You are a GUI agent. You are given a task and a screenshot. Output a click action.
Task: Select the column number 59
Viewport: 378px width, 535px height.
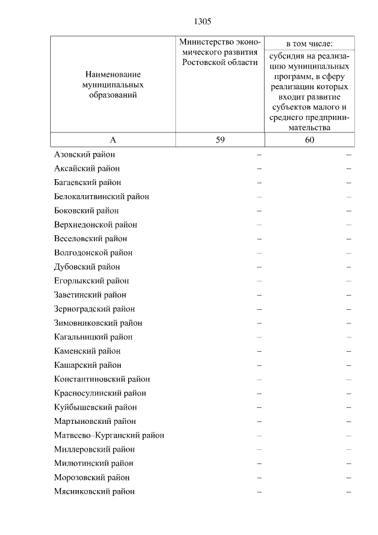point(220,140)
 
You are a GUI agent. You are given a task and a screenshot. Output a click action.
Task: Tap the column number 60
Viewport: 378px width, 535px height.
point(309,140)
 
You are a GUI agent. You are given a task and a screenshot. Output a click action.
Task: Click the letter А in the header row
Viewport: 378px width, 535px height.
point(112,140)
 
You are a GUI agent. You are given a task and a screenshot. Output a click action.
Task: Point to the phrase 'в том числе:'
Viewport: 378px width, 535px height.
point(309,43)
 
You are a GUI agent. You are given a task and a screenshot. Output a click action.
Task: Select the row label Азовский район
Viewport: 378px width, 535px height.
point(84,154)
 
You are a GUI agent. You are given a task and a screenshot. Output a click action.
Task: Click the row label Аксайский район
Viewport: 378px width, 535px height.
point(87,168)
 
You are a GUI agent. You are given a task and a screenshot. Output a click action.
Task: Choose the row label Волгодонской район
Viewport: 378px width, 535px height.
point(93,252)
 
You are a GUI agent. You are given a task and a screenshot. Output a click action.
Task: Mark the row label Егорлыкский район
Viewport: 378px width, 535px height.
point(91,281)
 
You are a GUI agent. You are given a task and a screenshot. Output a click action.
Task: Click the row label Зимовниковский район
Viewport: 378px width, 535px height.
point(97,323)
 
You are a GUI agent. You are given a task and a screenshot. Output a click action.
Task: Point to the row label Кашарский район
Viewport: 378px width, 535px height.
point(87,365)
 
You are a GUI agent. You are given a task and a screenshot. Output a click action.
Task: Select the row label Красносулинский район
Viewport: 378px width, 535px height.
point(100,393)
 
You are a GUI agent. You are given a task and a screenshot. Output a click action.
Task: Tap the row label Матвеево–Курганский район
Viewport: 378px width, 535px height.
point(109,435)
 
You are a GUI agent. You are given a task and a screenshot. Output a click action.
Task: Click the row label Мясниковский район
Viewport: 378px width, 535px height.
point(94,491)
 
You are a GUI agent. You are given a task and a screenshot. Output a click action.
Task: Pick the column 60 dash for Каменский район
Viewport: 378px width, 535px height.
point(349,351)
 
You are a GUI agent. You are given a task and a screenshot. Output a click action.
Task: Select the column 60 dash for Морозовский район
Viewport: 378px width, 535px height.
point(349,478)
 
